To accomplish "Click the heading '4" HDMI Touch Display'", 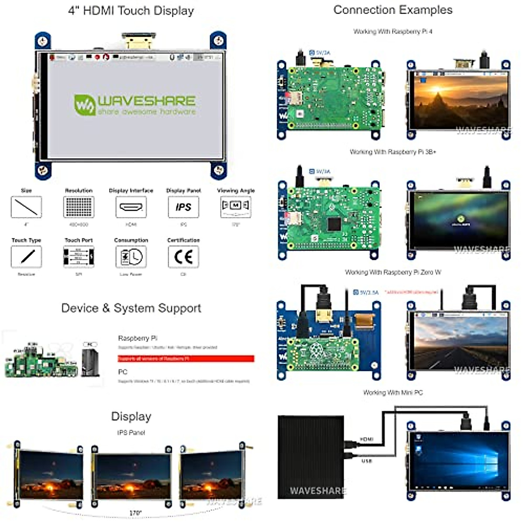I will point(131,11).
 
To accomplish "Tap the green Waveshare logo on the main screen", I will point(134,105).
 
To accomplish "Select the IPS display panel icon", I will point(183,207).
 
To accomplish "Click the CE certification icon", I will point(183,257).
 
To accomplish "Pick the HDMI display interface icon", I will point(131,207).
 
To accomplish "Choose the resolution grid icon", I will point(79,207).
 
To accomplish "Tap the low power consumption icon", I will point(131,257).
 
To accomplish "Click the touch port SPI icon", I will point(79,257).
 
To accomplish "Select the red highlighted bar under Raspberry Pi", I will point(186,359).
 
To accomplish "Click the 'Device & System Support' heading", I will point(131,308).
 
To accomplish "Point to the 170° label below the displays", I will point(135,513).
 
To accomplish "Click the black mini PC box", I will point(311,456).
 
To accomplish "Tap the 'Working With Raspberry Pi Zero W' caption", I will point(393,272).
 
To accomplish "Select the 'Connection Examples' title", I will point(393,10).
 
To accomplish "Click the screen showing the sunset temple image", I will point(459,100).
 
